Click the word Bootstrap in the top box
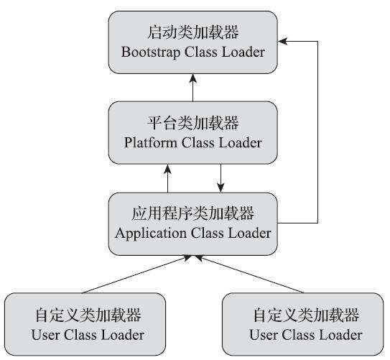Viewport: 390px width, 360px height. (149, 52)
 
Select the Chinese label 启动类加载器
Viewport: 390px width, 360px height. (193, 33)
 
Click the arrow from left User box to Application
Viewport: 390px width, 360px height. (136, 274)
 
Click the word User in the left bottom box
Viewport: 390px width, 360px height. (45, 335)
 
